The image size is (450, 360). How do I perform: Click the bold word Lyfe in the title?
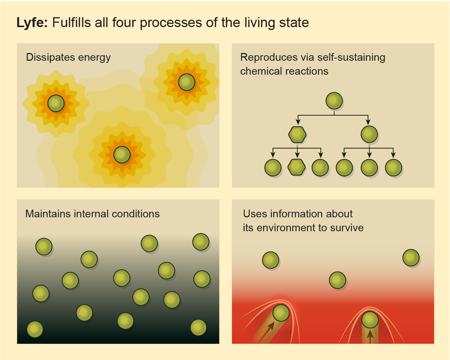pyautogui.click(x=32, y=23)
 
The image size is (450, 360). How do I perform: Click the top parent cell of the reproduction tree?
pyautogui.click(x=334, y=101)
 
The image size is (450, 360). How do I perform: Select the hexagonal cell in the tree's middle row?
pyautogui.click(x=297, y=134)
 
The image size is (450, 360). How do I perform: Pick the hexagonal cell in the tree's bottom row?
pyautogui.click(x=296, y=167)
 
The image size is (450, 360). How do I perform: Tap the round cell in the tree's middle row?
pyautogui.click(x=369, y=134)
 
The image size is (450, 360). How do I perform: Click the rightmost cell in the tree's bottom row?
pyautogui.click(x=393, y=167)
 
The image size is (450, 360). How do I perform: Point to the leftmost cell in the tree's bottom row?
pyautogui.click(x=272, y=167)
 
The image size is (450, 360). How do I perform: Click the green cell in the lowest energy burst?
pyautogui.click(x=122, y=154)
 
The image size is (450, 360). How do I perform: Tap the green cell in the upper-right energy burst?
pyautogui.click(x=186, y=82)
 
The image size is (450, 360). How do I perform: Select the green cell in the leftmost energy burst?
pyautogui.click(x=56, y=103)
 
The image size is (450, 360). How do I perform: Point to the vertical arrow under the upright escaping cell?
pyautogui.click(x=370, y=336)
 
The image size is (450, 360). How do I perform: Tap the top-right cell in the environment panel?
pyautogui.click(x=411, y=258)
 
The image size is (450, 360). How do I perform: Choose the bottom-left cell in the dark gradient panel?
pyautogui.click(x=35, y=329)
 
